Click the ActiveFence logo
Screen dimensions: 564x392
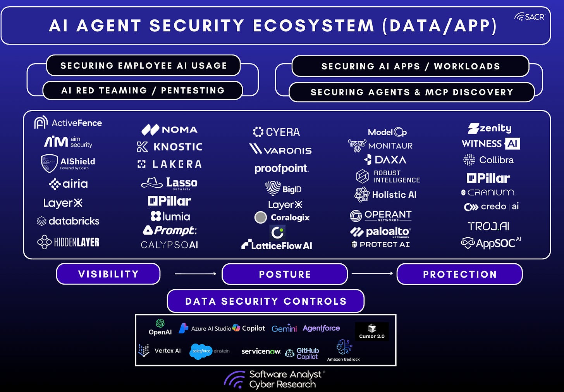point(68,123)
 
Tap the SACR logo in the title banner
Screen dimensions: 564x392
point(530,17)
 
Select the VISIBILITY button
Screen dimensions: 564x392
point(108,274)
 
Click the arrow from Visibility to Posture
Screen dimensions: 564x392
point(195,274)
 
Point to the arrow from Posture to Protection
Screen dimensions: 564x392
point(372,274)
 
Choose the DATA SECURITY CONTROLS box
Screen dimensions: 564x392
point(266,301)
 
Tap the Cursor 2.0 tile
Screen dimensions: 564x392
point(372,332)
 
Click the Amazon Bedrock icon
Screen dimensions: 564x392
point(344,347)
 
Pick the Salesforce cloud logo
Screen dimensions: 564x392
point(201,351)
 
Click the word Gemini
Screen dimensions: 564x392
point(284,329)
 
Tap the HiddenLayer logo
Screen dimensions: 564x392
point(68,242)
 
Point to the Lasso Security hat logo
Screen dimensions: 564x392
point(151,183)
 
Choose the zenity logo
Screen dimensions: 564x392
point(490,128)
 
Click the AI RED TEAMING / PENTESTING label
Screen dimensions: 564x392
point(143,91)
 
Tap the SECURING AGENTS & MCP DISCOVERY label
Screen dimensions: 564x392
point(412,92)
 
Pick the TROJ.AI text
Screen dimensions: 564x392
point(488,226)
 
